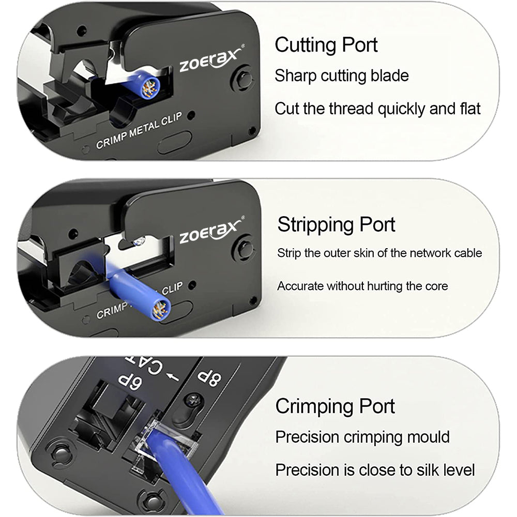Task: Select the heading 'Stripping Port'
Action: (x=336, y=225)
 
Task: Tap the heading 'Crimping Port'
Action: (x=335, y=406)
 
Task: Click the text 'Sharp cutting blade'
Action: (x=342, y=76)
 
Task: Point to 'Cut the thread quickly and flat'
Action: (x=377, y=109)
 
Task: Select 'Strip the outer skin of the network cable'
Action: (x=379, y=253)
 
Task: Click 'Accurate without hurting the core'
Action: (x=362, y=286)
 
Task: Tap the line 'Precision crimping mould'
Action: (x=362, y=437)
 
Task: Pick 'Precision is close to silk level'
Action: (x=375, y=470)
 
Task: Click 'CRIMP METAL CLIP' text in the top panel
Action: (x=139, y=131)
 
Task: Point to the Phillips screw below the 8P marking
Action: (x=191, y=401)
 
